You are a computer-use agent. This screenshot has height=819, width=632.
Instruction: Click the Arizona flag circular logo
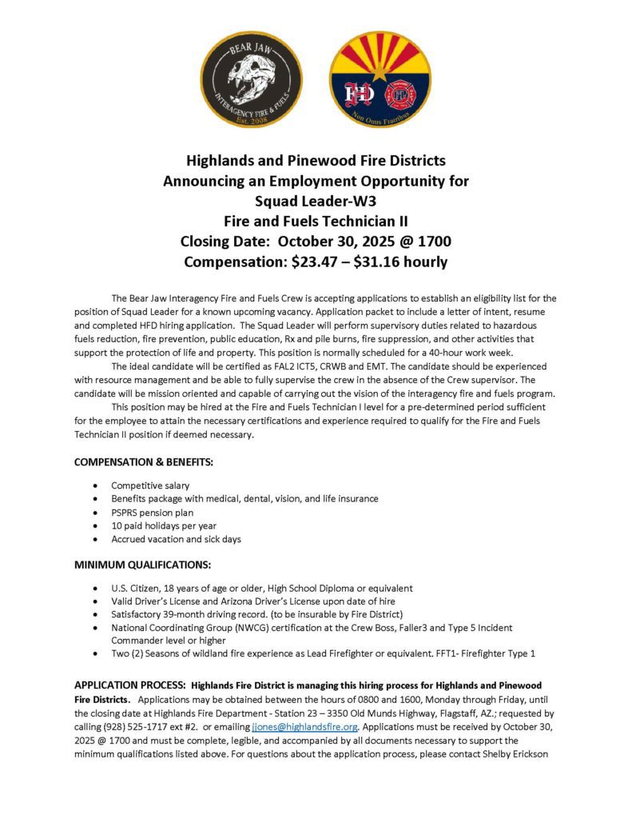pos(380,79)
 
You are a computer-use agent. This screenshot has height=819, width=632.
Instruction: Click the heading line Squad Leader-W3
pos(316,201)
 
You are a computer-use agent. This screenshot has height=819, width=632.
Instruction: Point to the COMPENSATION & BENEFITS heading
pos(143,462)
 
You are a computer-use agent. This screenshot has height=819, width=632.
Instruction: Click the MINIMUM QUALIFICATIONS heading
pos(142,565)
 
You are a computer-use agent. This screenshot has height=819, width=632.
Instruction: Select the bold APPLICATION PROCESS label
pos(130,685)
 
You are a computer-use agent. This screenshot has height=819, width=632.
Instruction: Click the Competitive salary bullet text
pos(150,485)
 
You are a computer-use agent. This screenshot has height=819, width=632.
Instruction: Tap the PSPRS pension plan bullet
pos(152,512)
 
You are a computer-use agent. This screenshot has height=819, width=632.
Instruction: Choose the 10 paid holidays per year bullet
pos(164,525)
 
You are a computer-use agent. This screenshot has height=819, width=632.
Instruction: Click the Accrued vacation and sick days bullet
pos(176,539)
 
